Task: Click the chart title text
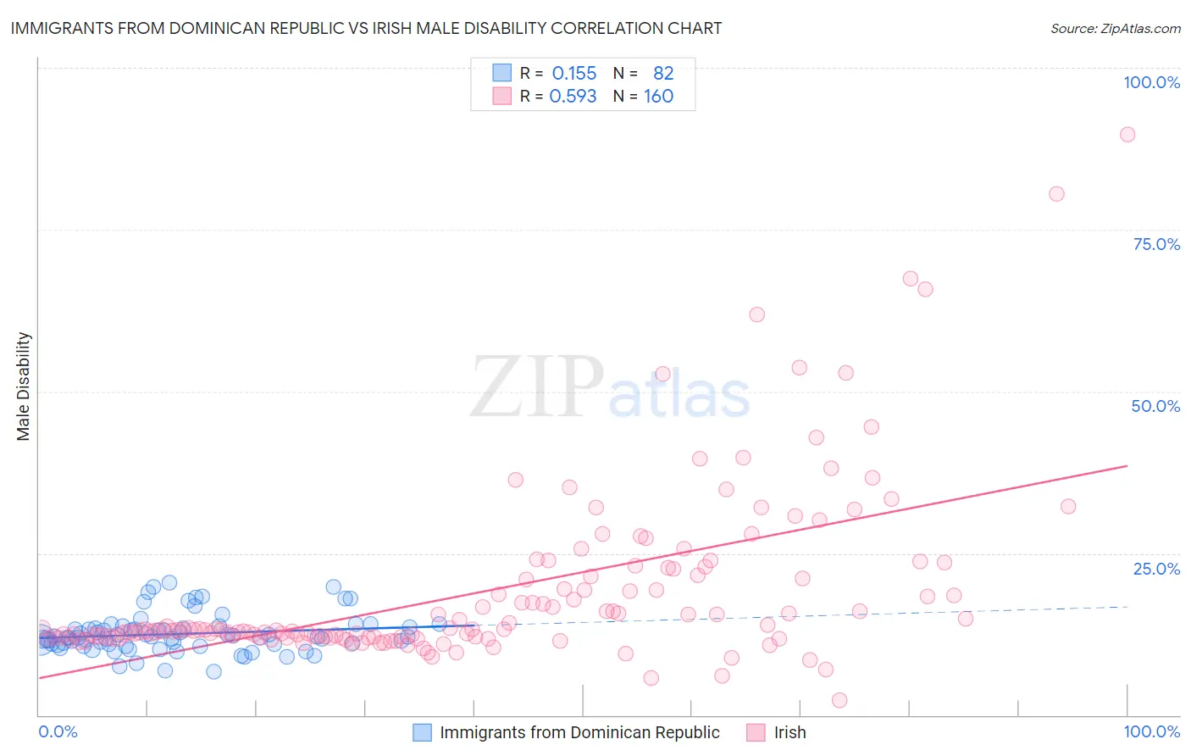pos(366,28)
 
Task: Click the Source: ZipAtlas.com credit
pos(1115,28)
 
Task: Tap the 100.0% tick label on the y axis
pos(1151,82)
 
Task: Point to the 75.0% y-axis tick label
pos(1156,244)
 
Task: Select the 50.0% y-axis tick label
pos(1155,406)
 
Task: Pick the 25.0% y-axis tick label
pos(1156,568)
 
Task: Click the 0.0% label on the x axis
pos(58,731)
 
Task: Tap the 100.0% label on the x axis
pos(1151,731)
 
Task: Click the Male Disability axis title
pos(24,386)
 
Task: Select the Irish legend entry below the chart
pos(789,732)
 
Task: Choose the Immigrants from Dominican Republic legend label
pos(579,732)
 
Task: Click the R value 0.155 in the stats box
pos(574,74)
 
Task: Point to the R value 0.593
pos(573,97)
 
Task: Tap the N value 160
pos(658,97)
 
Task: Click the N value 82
pos(662,74)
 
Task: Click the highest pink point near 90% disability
pos(1127,134)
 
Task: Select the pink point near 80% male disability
pos(1056,194)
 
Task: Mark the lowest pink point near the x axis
pos(839,700)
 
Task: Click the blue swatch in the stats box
pos(502,73)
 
